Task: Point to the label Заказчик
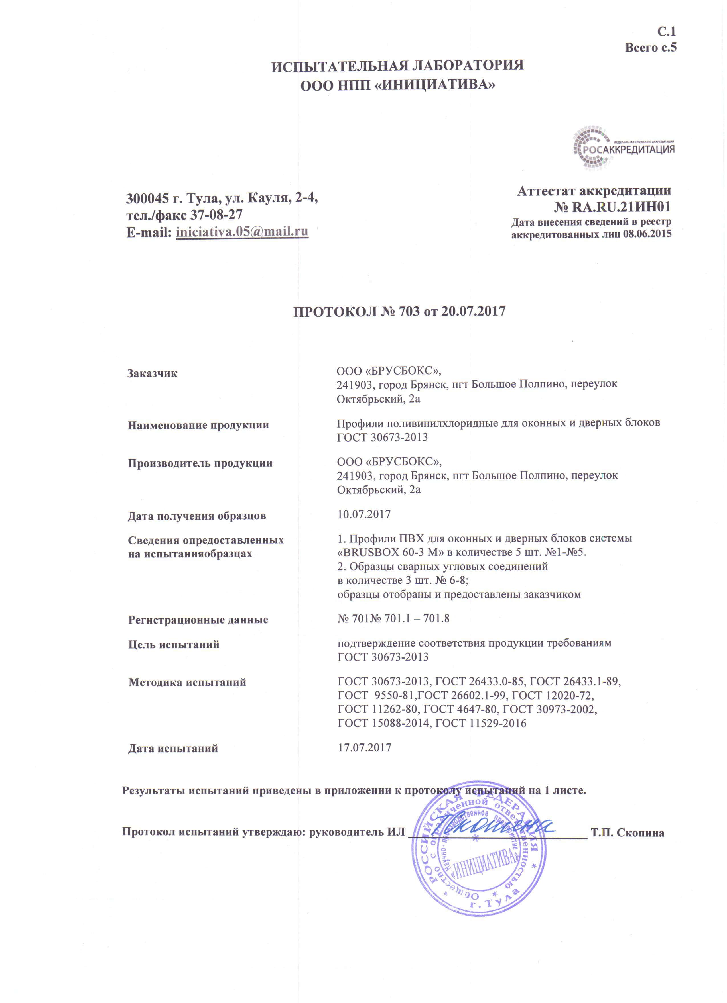tap(152, 373)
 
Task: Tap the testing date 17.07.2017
tap(364, 748)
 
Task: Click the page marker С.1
tap(666, 32)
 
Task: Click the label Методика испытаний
tap(187, 682)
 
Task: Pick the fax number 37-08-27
tap(216, 215)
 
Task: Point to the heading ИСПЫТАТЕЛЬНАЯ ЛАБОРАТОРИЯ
tap(397, 66)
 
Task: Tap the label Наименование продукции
tap(198, 425)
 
